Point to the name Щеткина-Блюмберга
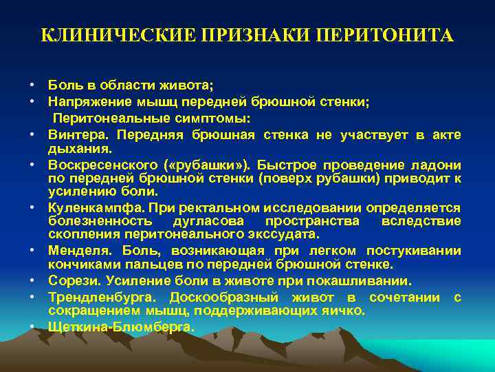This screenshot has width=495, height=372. pyautogui.click(x=121, y=327)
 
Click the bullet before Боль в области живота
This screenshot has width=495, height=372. pyautogui.click(x=32, y=85)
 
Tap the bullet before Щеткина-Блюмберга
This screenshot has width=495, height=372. pyautogui.click(x=32, y=327)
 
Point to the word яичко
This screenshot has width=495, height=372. pyautogui.click(x=344, y=311)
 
